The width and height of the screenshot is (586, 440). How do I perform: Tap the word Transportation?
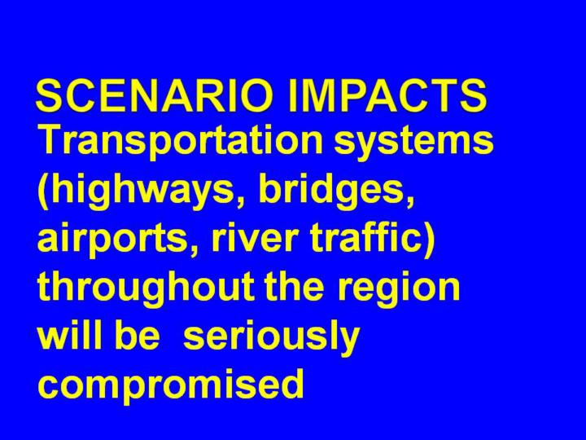click(x=180, y=142)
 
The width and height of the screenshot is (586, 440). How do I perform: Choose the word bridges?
click(x=330, y=190)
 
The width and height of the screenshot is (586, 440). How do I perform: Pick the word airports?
click(x=112, y=239)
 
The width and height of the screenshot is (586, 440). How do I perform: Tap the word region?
click(x=398, y=289)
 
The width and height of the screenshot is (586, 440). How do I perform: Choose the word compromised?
click(x=170, y=385)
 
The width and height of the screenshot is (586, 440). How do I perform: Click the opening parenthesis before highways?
click(x=43, y=191)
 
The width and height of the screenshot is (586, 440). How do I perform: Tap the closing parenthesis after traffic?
click(x=430, y=240)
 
